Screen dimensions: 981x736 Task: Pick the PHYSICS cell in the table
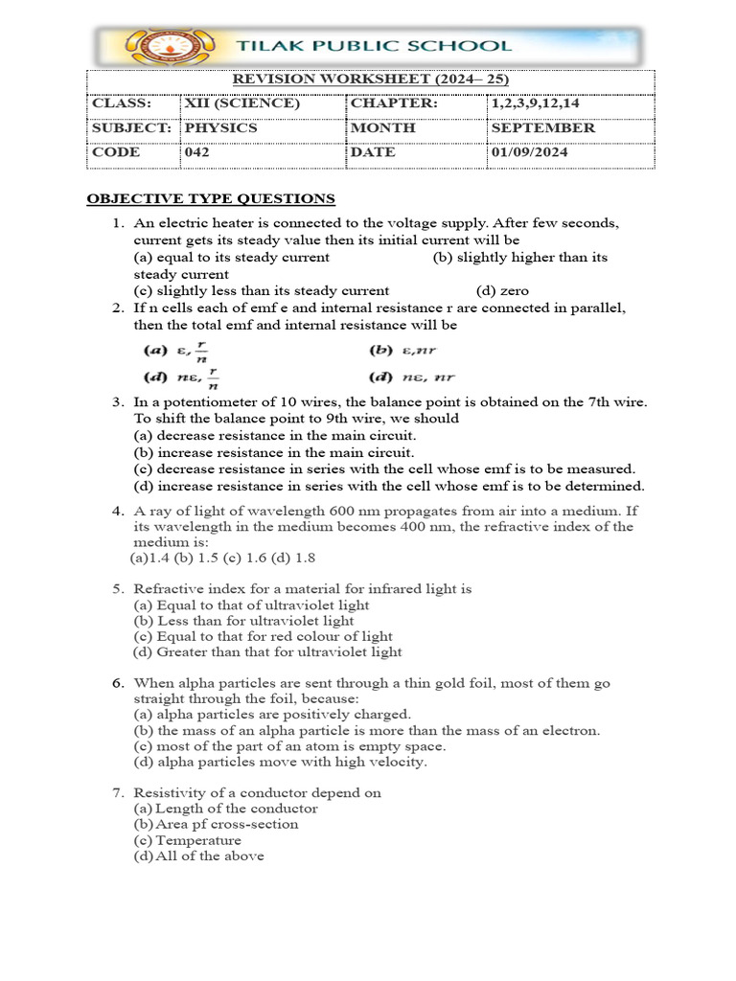tap(220, 127)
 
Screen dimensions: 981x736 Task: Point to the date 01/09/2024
tap(529, 151)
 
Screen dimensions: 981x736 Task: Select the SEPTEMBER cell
tap(542, 127)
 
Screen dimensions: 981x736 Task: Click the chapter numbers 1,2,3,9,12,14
tap(542, 103)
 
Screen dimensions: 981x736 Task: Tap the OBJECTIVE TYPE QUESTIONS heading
tap(211, 199)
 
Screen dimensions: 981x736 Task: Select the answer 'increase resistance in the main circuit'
tap(274, 452)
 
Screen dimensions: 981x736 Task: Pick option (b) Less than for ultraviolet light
tap(244, 621)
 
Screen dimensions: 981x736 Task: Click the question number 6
tap(117, 683)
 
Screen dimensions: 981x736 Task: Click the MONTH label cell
tap(383, 127)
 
